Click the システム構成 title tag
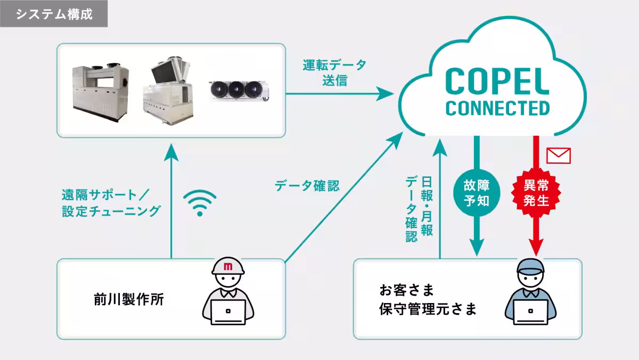click(x=54, y=14)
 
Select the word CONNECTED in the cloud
click(x=497, y=108)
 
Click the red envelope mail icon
click(x=559, y=156)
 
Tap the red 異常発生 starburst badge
click(x=537, y=193)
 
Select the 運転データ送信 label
click(x=334, y=73)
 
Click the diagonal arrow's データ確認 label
click(x=307, y=186)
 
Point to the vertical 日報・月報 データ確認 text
click(x=419, y=208)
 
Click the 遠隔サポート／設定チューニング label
click(x=111, y=203)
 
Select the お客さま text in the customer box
click(x=407, y=291)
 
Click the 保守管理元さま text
click(x=428, y=309)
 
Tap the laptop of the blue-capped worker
click(x=530, y=312)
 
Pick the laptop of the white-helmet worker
click(x=228, y=312)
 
